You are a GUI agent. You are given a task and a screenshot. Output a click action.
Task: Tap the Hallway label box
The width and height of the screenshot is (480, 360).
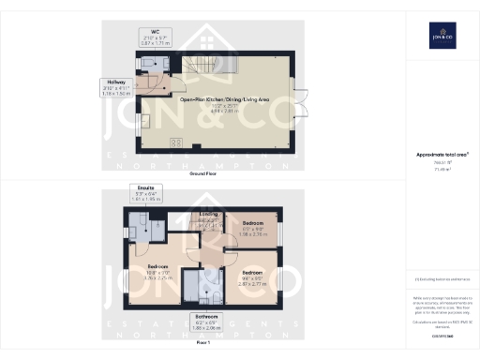pyautogui.click(x=115, y=87)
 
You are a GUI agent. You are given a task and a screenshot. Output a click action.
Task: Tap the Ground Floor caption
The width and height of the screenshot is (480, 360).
pyautogui.click(x=203, y=174)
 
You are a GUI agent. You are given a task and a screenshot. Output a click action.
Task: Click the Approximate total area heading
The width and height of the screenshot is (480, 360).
pyautogui.click(x=442, y=154)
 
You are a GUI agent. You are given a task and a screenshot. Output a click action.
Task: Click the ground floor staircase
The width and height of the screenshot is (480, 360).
pyautogui.click(x=202, y=66)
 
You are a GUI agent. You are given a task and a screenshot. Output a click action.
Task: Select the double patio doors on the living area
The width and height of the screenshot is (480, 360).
pyautogui.click(x=302, y=103)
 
